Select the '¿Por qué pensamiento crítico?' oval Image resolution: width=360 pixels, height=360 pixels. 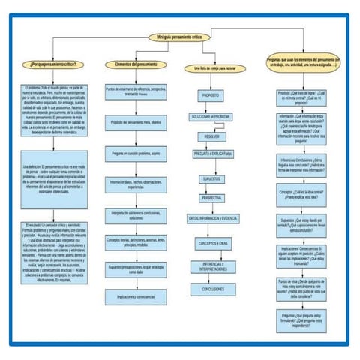[x=55, y=64]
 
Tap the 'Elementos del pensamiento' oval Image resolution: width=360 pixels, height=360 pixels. [x=136, y=64]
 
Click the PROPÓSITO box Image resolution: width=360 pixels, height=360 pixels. [x=210, y=97]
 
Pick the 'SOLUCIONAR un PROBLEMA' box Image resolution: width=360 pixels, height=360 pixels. [x=210, y=117]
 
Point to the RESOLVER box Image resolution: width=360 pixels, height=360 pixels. [x=210, y=136]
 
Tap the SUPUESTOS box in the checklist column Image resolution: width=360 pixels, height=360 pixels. [x=210, y=180]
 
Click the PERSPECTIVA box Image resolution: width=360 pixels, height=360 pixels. [x=210, y=198]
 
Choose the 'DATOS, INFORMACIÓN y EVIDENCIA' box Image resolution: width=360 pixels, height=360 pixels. [x=212, y=217]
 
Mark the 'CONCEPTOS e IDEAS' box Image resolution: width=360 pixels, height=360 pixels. [x=212, y=244]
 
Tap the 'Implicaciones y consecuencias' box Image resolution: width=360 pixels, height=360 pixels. [x=136, y=296]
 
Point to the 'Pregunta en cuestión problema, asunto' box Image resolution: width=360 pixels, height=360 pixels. [x=136, y=153]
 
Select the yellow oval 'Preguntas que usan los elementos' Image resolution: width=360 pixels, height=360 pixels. [x=304, y=64]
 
